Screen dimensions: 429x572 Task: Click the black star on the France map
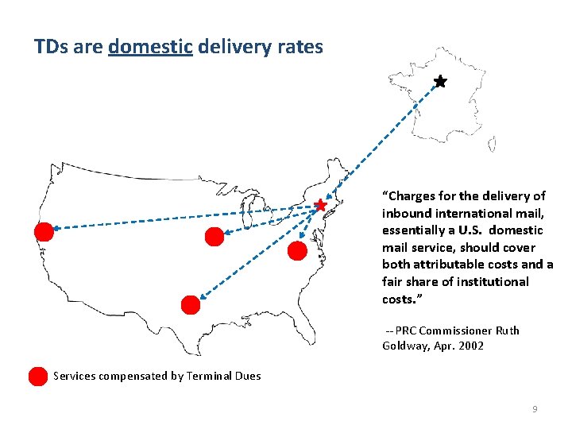[440, 82]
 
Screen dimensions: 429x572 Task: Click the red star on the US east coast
[320, 206]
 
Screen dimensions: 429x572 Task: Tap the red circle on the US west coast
[44, 231]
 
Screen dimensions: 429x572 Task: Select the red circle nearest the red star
[296, 251]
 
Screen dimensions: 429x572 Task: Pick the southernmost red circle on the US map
[191, 304]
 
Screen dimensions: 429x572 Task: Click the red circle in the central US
[214, 236]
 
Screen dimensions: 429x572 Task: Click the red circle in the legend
[37, 376]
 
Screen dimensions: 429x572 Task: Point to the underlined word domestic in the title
[150, 47]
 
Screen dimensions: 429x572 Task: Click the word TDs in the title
[51, 47]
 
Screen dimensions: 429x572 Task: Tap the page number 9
[535, 409]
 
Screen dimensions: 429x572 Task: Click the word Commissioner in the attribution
[455, 330]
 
